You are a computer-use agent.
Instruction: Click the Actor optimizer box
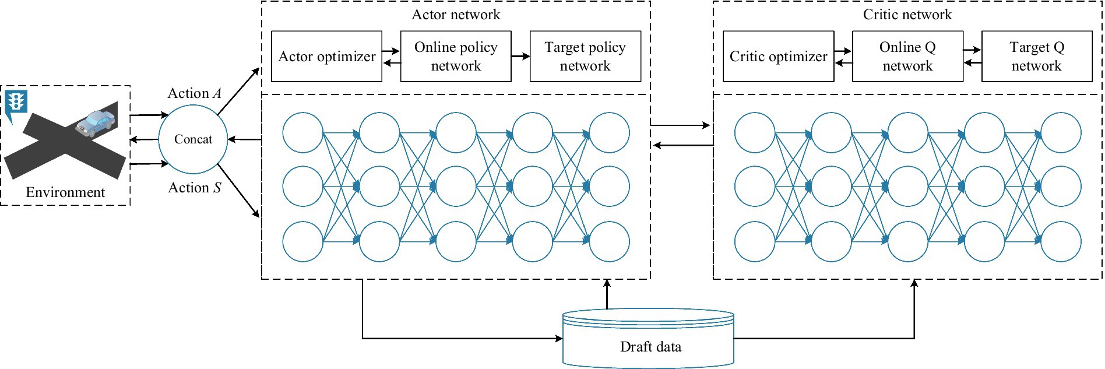[326, 57]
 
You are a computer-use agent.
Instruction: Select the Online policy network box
[456, 57]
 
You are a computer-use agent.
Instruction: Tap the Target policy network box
[585, 57]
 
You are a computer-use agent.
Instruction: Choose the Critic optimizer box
[779, 57]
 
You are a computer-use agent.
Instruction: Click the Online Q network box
[907, 57]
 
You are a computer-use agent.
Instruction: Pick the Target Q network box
[1037, 57]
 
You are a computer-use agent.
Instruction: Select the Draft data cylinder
[648, 338]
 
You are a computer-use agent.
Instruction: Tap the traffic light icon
[16, 103]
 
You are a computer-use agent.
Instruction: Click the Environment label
[65, 192]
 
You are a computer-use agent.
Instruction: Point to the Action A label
[195, 93]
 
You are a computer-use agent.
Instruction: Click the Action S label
[195, 188]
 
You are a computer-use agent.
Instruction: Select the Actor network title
[456, 15]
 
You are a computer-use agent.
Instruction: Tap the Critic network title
[907, 15]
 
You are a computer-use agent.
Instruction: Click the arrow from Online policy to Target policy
[521, 57]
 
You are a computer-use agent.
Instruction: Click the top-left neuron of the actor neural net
[302, 133]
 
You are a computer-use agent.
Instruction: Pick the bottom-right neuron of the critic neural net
[1061, 241]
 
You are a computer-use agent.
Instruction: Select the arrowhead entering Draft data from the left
[559, 338]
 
